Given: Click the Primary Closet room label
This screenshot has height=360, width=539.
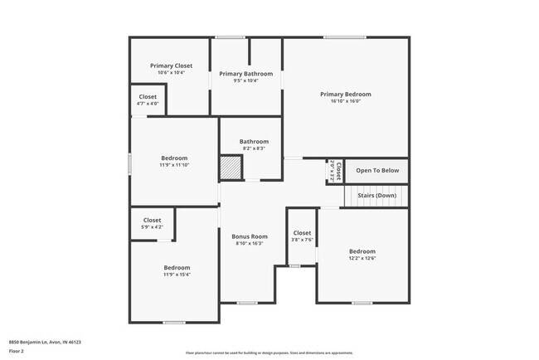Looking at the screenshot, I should tap(171, 66).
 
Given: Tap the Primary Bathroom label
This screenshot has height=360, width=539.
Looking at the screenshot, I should tap(245, 74).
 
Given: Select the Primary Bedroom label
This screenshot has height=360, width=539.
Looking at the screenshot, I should tap(346, 94).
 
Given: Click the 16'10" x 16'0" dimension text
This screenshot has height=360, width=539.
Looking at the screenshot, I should tap(346, 101).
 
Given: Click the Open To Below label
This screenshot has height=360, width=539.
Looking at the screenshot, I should tap(377, 171).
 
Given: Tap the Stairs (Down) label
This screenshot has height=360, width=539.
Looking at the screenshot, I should tap(376, 196).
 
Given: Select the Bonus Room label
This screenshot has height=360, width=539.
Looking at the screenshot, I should tap(250, 236).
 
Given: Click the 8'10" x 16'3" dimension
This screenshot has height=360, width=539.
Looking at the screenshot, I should tap(250, 244).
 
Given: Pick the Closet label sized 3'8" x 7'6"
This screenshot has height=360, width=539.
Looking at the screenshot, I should tap(302, 233).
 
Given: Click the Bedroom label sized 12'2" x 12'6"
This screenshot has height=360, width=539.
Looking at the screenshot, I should tap(362, 251).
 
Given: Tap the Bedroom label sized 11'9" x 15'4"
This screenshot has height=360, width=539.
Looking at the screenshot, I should tap(177, 267).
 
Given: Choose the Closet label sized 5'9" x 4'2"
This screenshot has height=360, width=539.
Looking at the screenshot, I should tap(153, 220).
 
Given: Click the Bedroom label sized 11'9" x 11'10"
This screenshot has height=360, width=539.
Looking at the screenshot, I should tap(174, 158).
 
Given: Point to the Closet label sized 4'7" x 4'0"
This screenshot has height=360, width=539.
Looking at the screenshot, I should tap(148, 97).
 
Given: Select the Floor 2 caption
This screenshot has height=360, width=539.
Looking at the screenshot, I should tap(17, 352).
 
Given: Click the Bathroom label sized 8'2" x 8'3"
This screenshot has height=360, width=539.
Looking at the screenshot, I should tap(254, 141).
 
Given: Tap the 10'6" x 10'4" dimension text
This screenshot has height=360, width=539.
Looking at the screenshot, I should tap(171, 73).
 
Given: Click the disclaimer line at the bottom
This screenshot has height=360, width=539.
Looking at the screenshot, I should tap(269, 353).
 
